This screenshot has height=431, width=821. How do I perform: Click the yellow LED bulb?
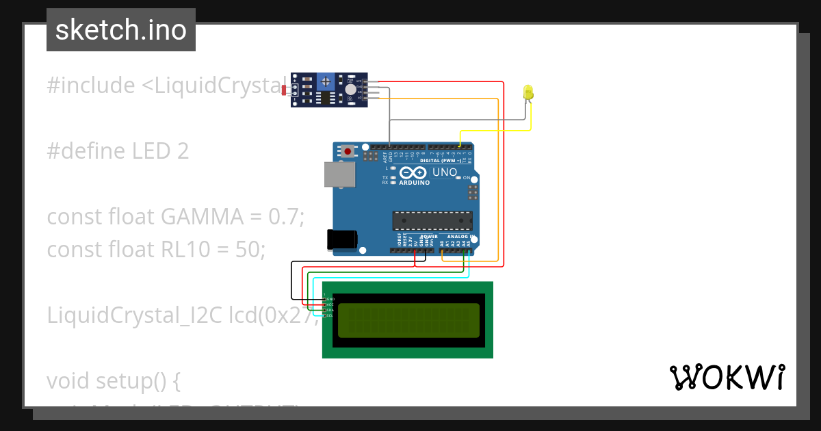tap(527, 92)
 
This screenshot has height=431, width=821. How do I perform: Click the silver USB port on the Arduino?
tap(339, 174)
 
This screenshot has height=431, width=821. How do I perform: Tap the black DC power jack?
tap(341, 239)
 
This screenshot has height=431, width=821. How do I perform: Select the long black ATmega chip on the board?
tap(432, 221)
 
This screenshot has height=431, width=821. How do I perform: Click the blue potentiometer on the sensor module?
tap(326, 81)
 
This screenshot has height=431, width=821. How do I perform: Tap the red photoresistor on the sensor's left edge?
tap(285, 90)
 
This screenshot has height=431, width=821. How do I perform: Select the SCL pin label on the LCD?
tap(328, 315)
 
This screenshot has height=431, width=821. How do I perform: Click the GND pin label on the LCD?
tap(329, 299)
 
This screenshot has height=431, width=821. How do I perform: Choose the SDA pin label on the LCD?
tap(328, 310)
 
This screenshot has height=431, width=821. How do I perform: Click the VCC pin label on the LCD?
tap(328, 304)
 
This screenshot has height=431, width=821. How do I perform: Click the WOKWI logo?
tap(727, 377)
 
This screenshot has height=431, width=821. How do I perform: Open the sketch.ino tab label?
tap(121, 30)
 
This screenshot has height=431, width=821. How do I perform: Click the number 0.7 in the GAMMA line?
tap(284, 217)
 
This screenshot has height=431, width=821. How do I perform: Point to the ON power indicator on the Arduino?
tap(467, 178)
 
